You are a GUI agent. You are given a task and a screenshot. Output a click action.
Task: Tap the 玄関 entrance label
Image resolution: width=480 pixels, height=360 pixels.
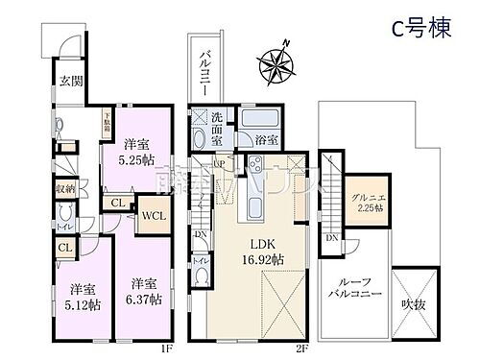coord(60,82)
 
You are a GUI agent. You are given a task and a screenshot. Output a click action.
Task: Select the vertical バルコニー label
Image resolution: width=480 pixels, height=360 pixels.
coord(204,68)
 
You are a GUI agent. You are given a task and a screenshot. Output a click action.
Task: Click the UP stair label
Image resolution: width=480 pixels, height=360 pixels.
coord(219,164)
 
